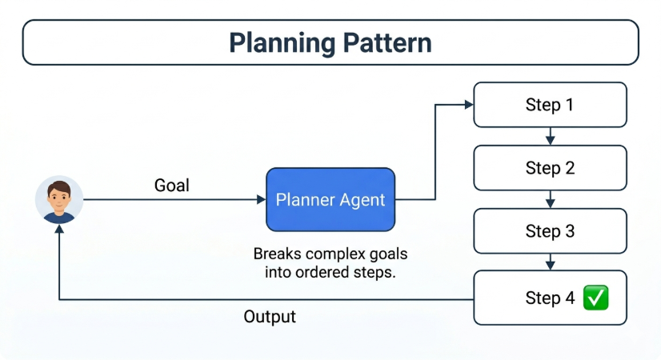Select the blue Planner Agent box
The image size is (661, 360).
coord(330,200)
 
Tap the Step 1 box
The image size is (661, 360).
coord(549,105)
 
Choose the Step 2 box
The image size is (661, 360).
coord(549,168)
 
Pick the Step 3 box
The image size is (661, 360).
coord(549,232)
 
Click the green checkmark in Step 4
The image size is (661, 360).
coord(596,298)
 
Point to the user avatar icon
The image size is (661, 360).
coord(59,200)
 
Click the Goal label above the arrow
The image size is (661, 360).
coord(171,186)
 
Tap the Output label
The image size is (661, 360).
coord(270,317)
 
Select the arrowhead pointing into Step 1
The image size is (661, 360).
coord(468,105)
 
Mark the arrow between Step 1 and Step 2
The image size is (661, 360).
coord(550,137)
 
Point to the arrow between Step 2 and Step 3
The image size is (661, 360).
coord(550,200)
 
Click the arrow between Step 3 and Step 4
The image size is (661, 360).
coord(550,263)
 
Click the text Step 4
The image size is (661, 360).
coord(550,298)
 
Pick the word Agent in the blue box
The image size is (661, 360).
coord(362,200)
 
